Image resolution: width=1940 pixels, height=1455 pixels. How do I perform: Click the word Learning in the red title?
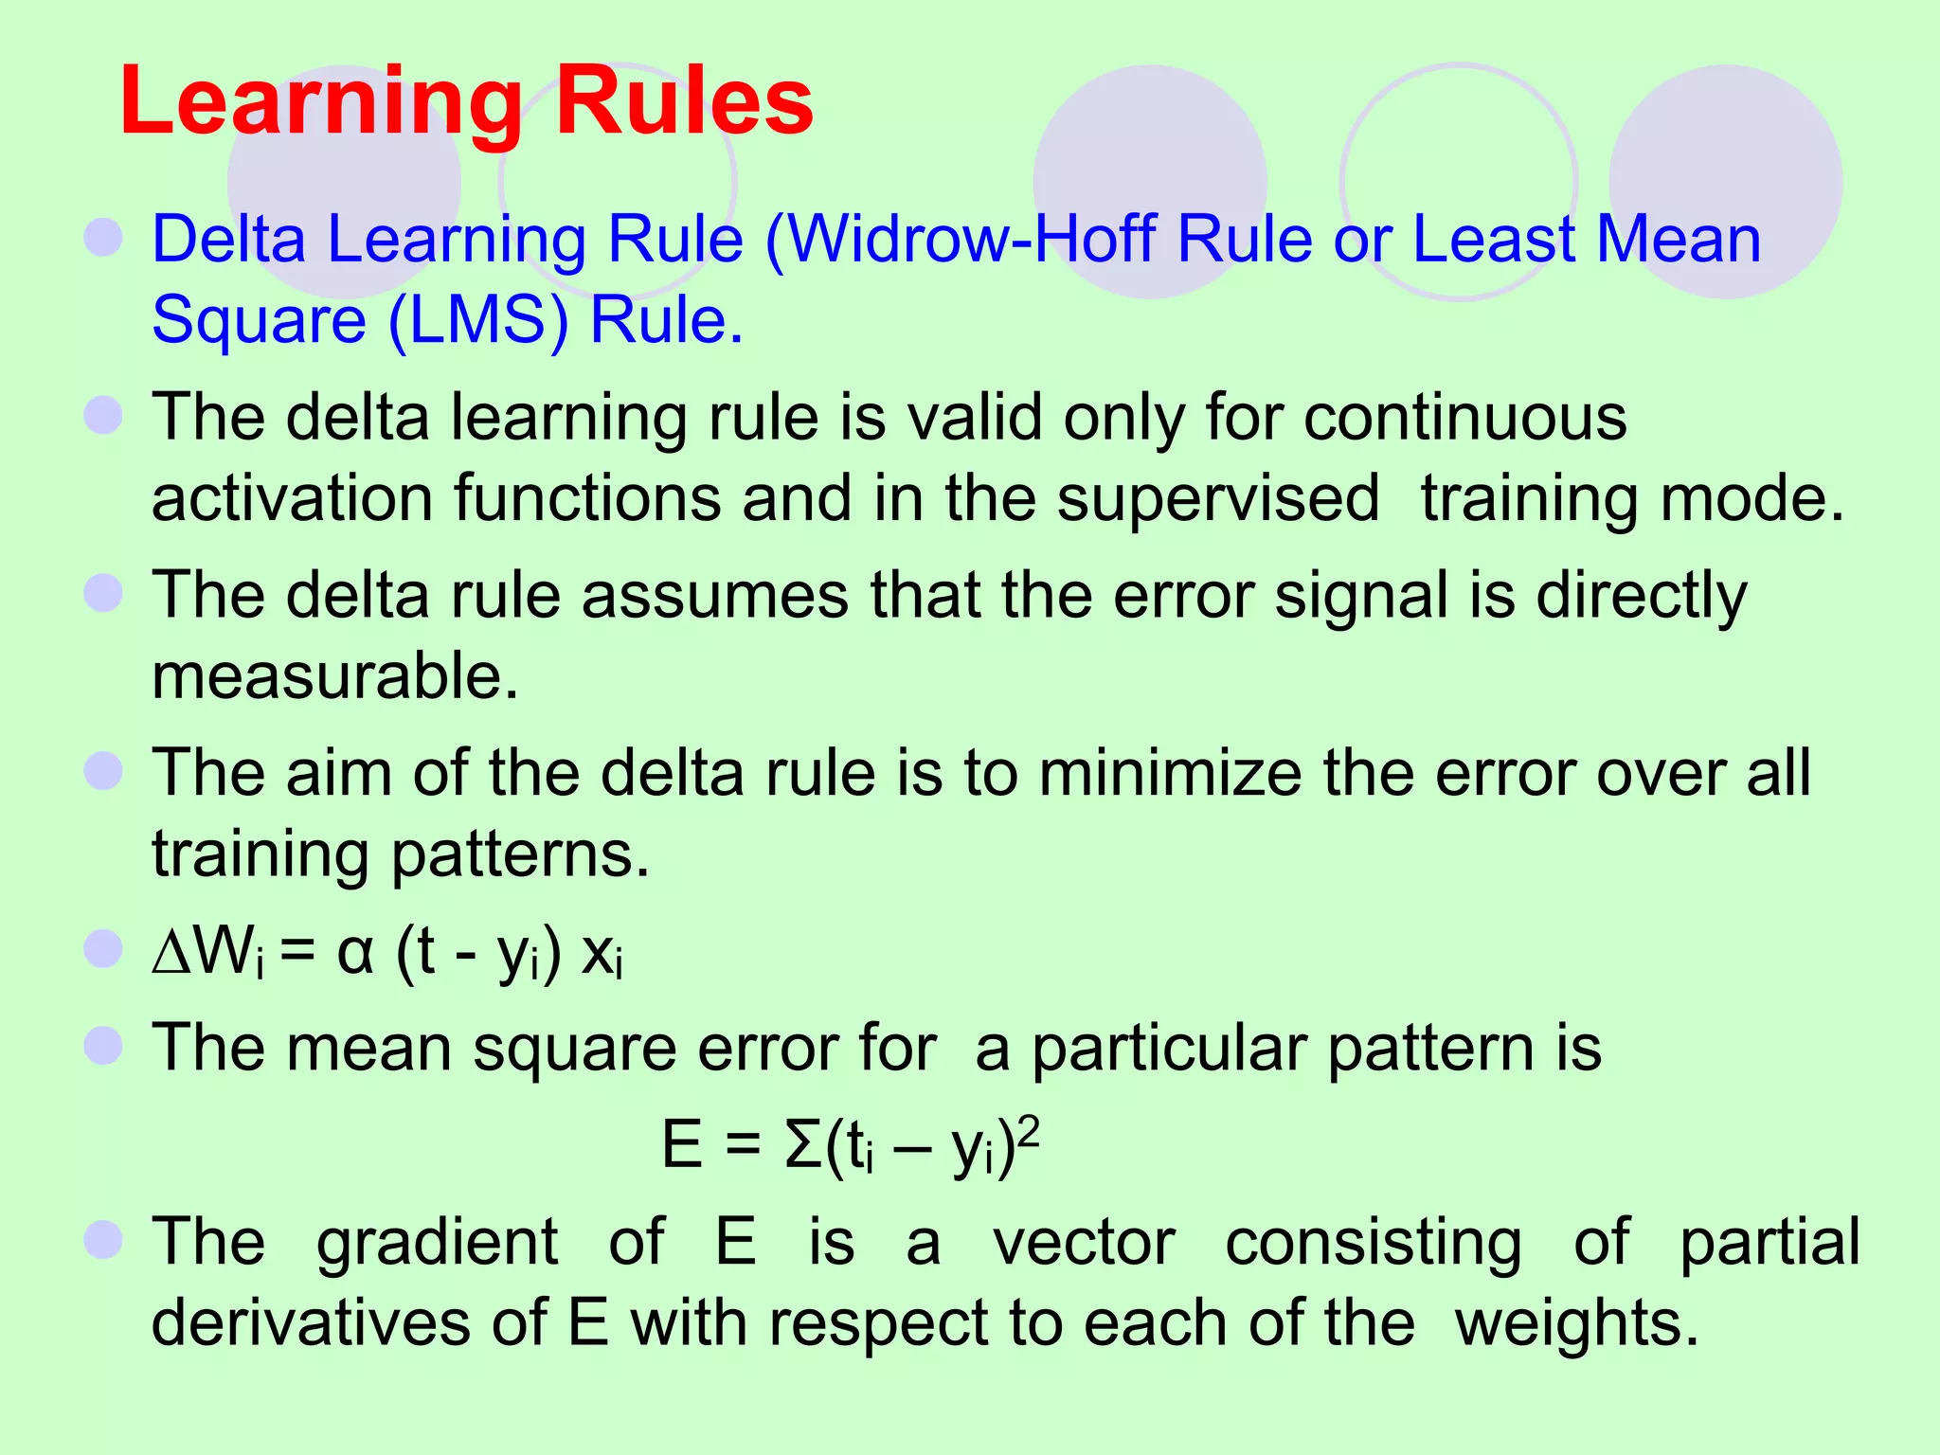(x=321, y=102)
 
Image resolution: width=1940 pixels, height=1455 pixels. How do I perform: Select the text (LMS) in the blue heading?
(x=478, y=320)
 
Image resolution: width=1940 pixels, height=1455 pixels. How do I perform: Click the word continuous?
(x=1464, y=417)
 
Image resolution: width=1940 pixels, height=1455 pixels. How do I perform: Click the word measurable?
(x=335, y=676)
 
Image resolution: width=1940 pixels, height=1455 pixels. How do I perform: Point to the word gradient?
(x=437, y=1243)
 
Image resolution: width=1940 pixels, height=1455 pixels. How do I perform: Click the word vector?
(x=1084, y=1243)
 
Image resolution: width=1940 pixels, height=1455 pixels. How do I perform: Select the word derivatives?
(x=312, y=1323)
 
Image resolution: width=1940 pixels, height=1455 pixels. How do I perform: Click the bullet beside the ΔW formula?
(x=103, y=949)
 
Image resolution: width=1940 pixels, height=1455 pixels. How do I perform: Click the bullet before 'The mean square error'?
(x=103, y=1047)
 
